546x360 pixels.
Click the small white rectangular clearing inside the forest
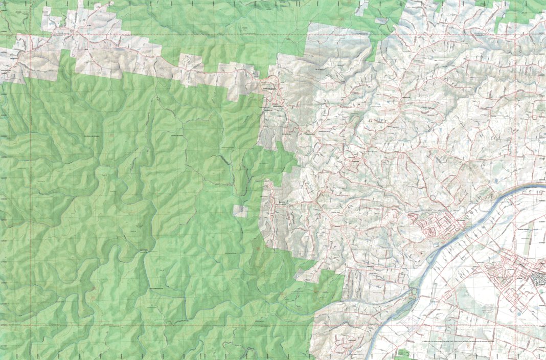[x=239, y=211]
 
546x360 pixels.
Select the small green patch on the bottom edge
[x=404, y=353]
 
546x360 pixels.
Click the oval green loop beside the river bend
[x=412, y=293]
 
